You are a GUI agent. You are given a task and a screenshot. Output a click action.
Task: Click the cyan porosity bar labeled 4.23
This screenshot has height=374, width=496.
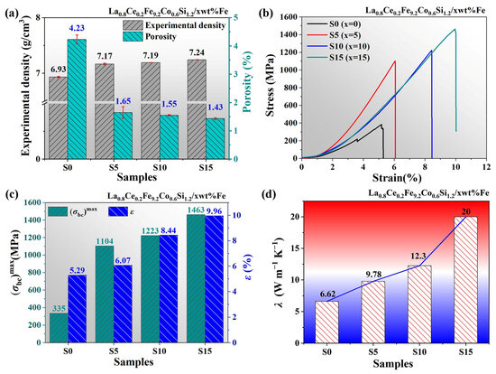coord(77,98)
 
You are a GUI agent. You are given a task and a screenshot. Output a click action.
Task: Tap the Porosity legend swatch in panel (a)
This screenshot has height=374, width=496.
coord(133,36)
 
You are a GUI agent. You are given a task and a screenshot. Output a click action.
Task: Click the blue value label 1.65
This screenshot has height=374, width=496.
coord(123,101)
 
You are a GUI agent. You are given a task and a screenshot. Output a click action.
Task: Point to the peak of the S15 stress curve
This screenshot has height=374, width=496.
coord(455,29)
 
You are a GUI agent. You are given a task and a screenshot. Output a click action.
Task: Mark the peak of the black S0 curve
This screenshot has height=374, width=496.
coord(381,125)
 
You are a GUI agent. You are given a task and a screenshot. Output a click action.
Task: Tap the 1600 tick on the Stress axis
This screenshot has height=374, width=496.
coord(288,17)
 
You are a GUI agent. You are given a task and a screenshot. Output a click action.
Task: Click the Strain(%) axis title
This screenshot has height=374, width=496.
coord(397,177)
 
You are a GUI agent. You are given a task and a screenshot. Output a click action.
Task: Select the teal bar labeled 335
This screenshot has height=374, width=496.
coord(59,328)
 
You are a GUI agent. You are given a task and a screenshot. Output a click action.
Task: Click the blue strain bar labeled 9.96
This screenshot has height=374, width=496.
coord(214,279)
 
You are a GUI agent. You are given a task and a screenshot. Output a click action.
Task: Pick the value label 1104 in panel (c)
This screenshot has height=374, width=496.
coord(105,241)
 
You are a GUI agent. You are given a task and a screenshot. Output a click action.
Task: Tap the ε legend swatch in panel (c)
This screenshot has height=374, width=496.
coord(118,211)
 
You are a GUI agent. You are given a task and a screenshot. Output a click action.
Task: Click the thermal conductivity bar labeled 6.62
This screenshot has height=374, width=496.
coord(326,322)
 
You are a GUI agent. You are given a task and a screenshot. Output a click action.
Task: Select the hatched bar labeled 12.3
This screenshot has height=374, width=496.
coord(419,304)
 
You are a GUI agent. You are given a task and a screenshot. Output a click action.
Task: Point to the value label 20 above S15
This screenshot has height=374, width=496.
coord(466,211)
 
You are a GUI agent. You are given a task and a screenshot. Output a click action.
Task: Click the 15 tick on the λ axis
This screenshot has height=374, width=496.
coord(296,248)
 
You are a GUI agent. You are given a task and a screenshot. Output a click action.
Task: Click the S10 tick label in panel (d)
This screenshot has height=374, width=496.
coord(419,351)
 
